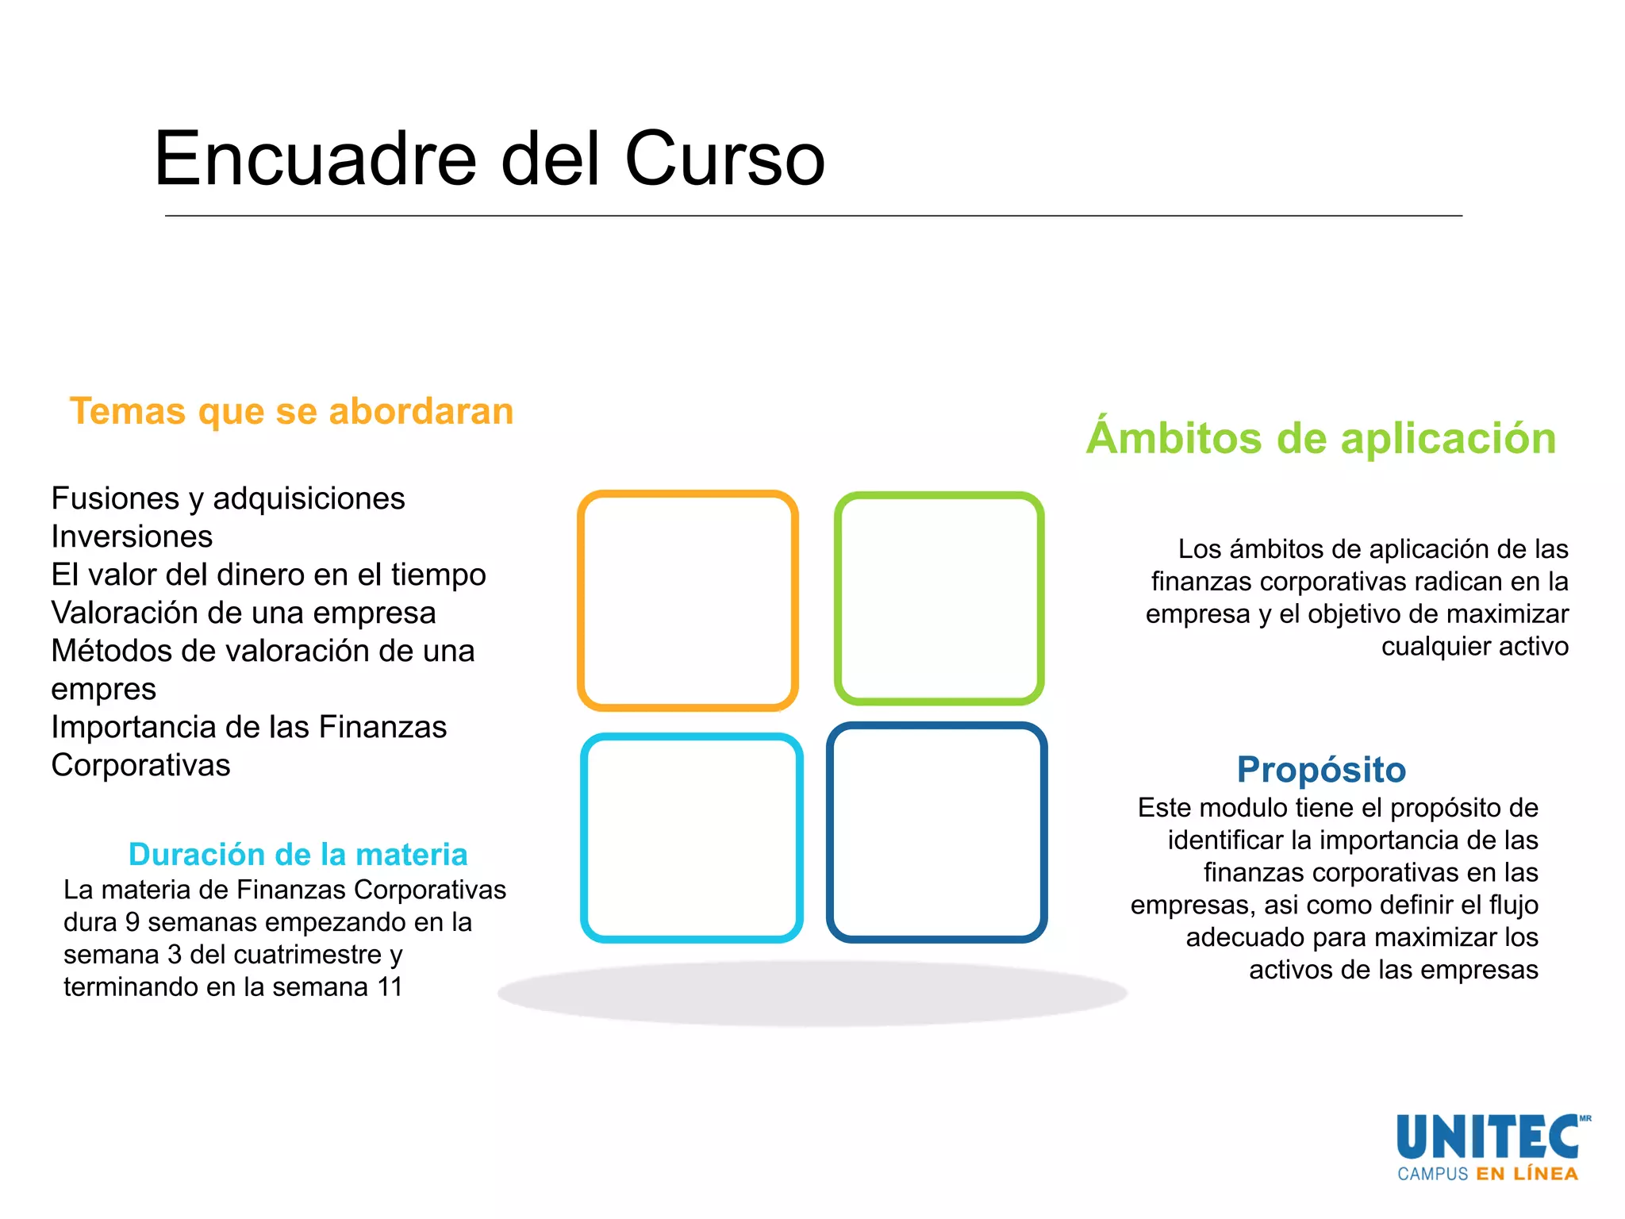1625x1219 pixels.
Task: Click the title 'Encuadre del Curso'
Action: (x=490, y=159)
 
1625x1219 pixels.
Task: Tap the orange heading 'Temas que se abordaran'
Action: (x=291, y=411)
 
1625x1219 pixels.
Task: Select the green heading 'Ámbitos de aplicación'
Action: (x=1321, y=438)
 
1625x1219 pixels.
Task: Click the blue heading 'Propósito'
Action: (x=1321, y=769)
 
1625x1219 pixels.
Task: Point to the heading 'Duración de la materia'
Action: (x=298, y=854)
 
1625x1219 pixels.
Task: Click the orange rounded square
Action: (x=688, y=601)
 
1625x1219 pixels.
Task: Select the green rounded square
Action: (x=939, y=598)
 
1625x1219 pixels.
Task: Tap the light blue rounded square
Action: (x=691, y=838)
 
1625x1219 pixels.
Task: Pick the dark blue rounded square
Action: (x=937, y=833)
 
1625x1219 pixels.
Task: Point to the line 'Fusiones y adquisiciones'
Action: (x=228, y=498)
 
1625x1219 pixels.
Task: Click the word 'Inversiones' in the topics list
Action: (x=132, y=536)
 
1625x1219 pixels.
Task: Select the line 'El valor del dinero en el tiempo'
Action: (x=268, y=575)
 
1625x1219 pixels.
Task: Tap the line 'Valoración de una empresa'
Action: (x=244, y=613)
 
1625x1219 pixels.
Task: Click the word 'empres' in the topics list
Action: (x=103, y=689)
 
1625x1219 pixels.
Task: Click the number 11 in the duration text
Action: (x=390, y=986)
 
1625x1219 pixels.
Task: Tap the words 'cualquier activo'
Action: (x=1474, y=646)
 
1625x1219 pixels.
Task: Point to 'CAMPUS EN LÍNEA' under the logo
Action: (x=1488, y=1174)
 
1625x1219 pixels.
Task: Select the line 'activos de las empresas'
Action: (x=1393, y=969)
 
